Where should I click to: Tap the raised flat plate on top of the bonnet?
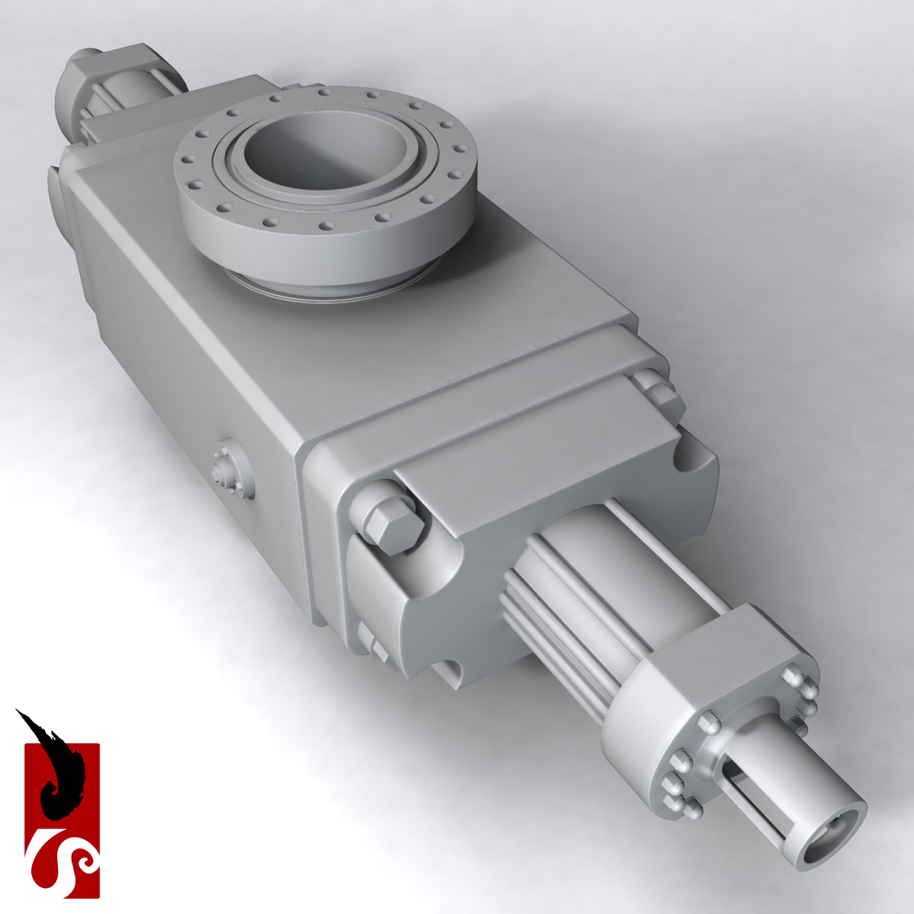coord(533,442)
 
